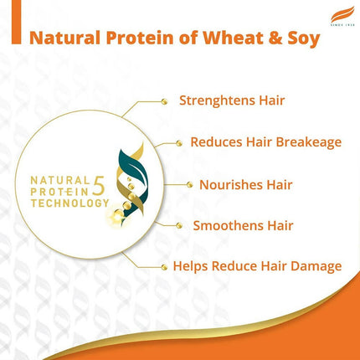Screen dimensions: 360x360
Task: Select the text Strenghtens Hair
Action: (232, 100)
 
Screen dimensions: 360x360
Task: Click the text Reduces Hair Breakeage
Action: (265, 141)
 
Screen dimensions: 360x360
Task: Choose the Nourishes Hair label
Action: (244, 183)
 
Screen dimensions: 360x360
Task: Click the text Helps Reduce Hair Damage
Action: (257, 266)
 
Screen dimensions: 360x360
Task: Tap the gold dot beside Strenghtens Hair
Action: (163, 101)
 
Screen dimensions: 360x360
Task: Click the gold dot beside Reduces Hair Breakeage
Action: (178, 142)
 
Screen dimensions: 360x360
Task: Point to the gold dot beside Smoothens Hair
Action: (178, 225)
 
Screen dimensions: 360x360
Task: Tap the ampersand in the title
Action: (280, 39)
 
